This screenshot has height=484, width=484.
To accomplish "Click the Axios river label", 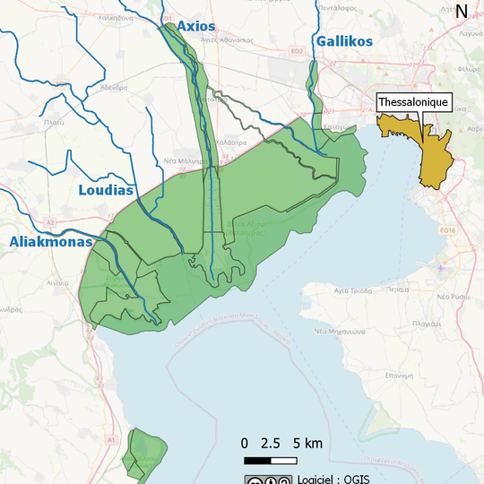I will click(x=195, y=26).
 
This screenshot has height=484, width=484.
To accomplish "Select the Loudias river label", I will click(x=105, y=190).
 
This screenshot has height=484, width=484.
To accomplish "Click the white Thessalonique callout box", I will click(x=413, y=103).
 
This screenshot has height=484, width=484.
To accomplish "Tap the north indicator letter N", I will click(x=462, y=12).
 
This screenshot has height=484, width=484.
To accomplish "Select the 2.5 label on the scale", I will click(x=270, y=444).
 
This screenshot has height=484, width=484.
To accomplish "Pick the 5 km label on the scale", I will click(x=307, y=444).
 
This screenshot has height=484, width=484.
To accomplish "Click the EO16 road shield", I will click(x=448, y=230).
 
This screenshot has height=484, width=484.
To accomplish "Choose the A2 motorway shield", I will click(x=50, y=220).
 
